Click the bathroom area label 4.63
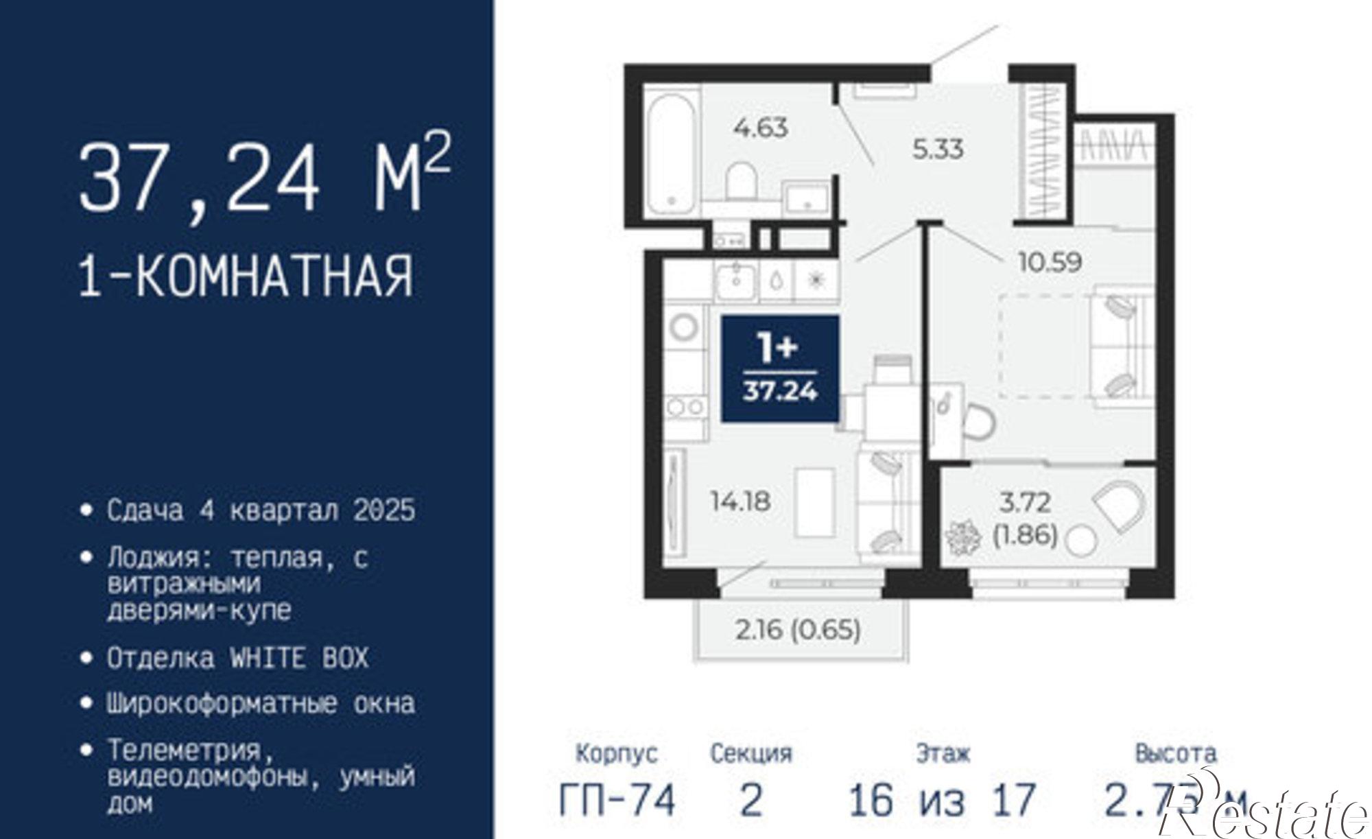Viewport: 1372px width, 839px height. coord(760,128)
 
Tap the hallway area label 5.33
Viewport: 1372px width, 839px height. coord(938,149)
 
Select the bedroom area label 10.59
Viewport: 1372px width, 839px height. coord(1050,261)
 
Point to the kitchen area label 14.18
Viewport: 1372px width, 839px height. coord(741,501)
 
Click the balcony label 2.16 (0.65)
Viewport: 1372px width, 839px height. coord(798,630)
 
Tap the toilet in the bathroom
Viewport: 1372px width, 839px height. coord(741,180)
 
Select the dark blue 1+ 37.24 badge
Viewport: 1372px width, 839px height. coord(780,368)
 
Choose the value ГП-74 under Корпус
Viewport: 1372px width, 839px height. coord(617,800)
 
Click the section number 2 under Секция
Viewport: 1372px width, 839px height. coord(751,800)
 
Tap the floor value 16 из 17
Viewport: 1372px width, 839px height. coord(942,800)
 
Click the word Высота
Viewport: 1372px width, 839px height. coord(1176,753)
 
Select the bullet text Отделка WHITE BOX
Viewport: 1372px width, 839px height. coord(237,659)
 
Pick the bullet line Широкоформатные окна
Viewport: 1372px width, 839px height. coord(261,704)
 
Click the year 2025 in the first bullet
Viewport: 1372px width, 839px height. coord(385,510)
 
